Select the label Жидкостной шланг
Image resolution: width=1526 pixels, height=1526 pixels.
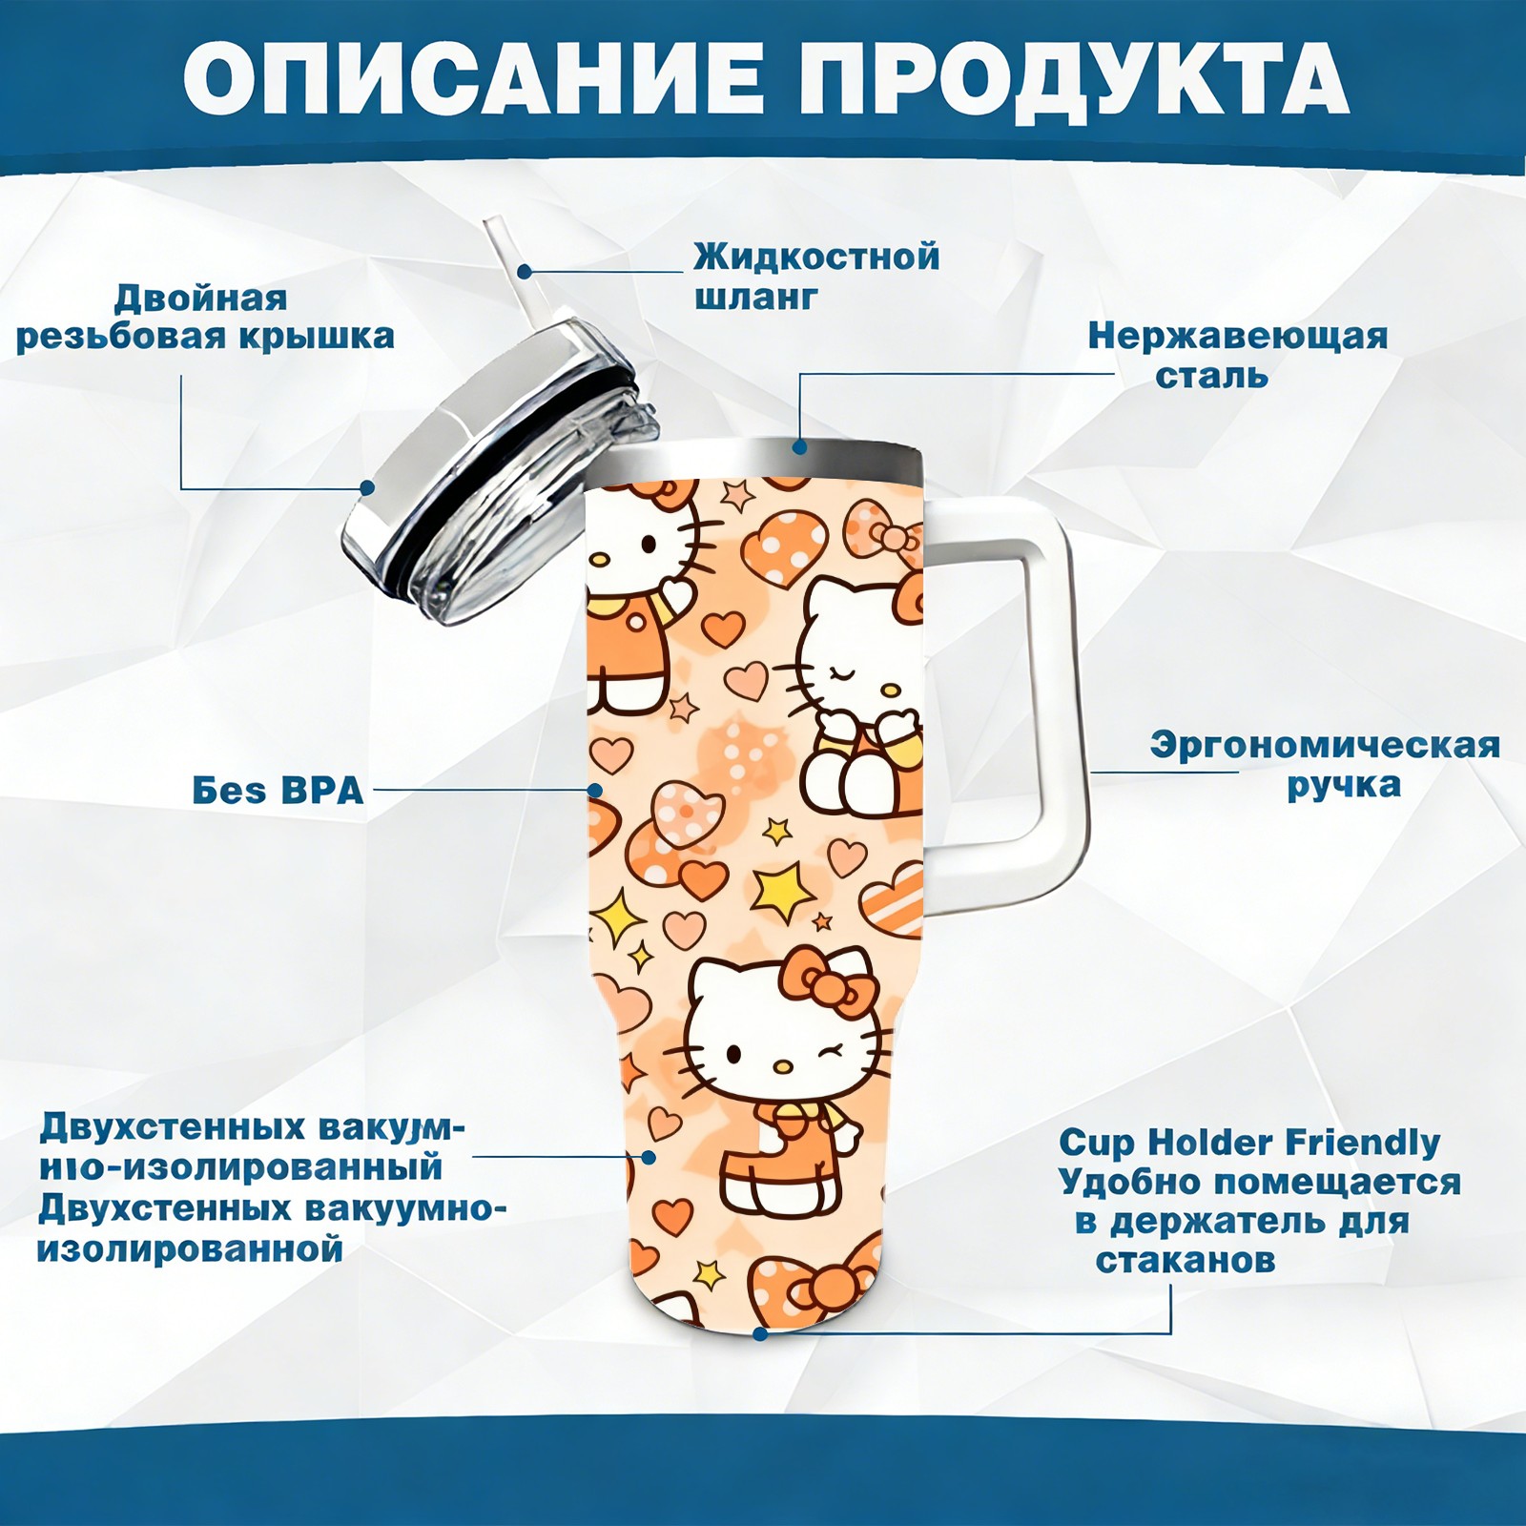816,277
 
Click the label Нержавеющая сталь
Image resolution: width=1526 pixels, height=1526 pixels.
1238,355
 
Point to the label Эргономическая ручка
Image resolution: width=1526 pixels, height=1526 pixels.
1325,765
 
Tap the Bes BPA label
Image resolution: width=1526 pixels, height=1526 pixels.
278,791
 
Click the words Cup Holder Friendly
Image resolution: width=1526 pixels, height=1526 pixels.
1249,1142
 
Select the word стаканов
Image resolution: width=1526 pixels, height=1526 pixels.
1186,1261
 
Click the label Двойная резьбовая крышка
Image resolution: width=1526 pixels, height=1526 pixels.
205,317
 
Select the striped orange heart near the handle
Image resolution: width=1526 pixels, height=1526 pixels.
893,901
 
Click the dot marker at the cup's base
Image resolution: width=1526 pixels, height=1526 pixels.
760,1333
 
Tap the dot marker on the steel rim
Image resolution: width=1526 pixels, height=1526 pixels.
800,446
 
